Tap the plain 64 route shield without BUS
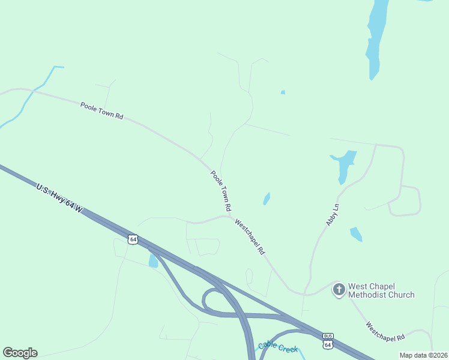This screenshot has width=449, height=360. [133, 239]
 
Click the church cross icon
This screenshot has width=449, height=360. [339, 290]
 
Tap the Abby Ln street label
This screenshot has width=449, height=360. [333, 214]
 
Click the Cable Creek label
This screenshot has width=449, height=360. [278, 347]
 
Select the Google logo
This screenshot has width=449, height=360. [20, 353]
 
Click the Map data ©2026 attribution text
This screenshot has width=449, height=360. [423, 355]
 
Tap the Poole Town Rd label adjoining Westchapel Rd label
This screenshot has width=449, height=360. [221, 190]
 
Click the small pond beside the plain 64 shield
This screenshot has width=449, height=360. [153, 260]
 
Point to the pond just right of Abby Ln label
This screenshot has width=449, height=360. [356, 234]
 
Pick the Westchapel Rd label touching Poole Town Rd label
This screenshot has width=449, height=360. [250, 236]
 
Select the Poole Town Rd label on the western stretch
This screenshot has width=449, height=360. [101, 110]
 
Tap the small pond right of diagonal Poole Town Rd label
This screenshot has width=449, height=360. [266, 199]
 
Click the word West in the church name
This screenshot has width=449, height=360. [359, 286]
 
